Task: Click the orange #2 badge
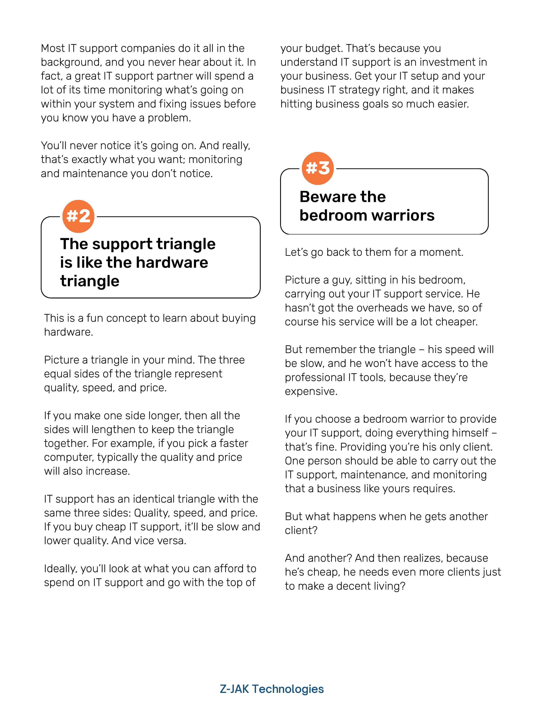[x=78, y=216]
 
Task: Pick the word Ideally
[x=61, y=569]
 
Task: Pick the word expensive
[x=311, y=391]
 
